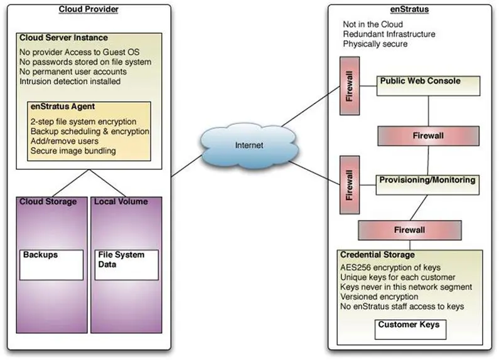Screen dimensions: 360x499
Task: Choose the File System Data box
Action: tap(126, 264)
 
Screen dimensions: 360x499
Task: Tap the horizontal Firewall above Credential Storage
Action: tap(409, 230)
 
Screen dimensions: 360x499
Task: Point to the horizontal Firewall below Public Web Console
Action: tap(428, 135)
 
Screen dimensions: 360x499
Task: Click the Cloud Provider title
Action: tap(89, 9)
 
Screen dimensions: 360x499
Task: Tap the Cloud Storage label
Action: tap(48, 202)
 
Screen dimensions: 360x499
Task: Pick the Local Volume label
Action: tap(121, 202)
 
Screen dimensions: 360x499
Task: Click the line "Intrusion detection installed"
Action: tap(70, 81)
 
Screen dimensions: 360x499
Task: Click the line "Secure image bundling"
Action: tap(73, 151)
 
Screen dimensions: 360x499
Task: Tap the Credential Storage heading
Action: tap(377, 255)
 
